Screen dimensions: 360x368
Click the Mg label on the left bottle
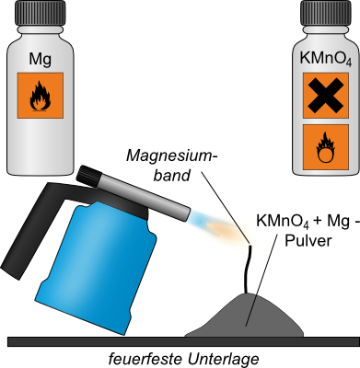click(x=41, y=59)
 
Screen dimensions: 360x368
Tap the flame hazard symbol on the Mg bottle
click(x=40, y=96)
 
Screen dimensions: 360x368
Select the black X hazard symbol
click(x=326, y=96)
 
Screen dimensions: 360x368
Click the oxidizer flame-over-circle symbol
click(x=326, y=147)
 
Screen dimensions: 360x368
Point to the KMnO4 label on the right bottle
click(x=326, y=59)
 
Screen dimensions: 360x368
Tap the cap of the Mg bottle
click(x=41, y=13)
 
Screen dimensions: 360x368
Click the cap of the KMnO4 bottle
click(x=326, y=13)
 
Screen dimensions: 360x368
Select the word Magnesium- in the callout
click(x=172, y=156)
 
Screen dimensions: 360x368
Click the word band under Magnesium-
click(x=172, y=176)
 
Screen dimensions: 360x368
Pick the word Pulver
click(x=308, y=241)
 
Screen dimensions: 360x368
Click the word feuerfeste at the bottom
click(x=146, y=359)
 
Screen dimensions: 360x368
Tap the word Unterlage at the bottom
click(x=223, y=359)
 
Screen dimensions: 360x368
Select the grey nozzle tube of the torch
click(x=145, y=196)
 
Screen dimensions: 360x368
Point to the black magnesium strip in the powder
click(x=248, y=270)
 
